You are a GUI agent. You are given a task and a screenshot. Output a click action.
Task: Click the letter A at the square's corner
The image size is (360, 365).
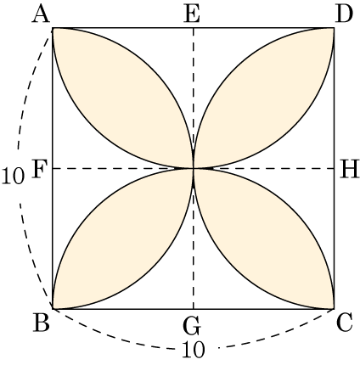(x=42, y=14)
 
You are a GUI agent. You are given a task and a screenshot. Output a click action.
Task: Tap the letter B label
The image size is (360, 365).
(x=42, y=323)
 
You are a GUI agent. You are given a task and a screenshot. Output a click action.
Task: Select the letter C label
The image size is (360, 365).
(x=344, y=323)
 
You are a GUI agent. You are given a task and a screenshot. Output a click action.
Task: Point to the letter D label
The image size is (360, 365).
(x=344, y=14)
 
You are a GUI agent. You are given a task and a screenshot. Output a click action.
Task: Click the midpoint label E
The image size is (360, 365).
(x=192, y=14)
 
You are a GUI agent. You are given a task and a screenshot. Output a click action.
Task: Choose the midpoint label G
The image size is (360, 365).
(x=192, y=325)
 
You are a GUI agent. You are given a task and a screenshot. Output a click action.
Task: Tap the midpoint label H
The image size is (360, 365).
(x=349, y=170)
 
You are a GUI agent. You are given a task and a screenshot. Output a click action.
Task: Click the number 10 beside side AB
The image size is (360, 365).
(x=13, y=177)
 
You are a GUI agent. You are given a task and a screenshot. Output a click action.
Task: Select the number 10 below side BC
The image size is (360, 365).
(x=193, y=350)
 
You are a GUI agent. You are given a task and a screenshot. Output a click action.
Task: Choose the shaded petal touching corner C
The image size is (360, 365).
(x=264, y=239)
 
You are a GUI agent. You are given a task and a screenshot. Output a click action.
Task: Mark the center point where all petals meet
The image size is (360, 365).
(x=194, y=169)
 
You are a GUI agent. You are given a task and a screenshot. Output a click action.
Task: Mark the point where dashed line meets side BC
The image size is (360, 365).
(x=194, y=309)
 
